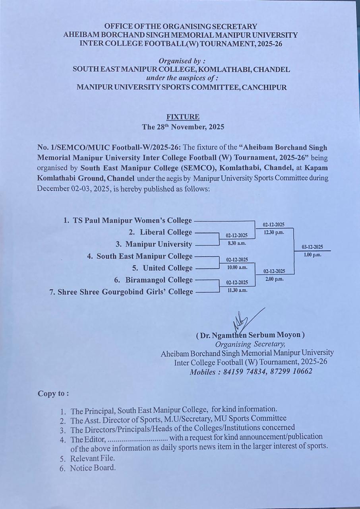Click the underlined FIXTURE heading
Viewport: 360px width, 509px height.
click(x=183, y=117)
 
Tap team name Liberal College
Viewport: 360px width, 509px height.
click(x=166, y=232)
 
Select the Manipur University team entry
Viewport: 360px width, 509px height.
click(x=159, y=244)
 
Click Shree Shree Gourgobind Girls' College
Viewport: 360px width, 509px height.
click(x=125, y=292)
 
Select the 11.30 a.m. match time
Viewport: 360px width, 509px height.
click(x=237, y=290)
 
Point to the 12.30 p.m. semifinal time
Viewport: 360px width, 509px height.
click(x=274, y=233)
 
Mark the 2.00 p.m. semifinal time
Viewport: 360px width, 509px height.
click(x=274, y=279)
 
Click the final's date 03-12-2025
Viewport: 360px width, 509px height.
click(x=312, y=247)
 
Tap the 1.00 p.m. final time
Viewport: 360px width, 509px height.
click(x=312, y=255)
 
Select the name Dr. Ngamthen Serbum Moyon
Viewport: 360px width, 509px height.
click(x=250, y=335)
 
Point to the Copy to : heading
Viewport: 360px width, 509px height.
click(x=53, y=393)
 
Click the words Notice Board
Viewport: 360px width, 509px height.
click(x=93, y=468)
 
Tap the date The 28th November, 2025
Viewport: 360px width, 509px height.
click(x=183, y=128)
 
